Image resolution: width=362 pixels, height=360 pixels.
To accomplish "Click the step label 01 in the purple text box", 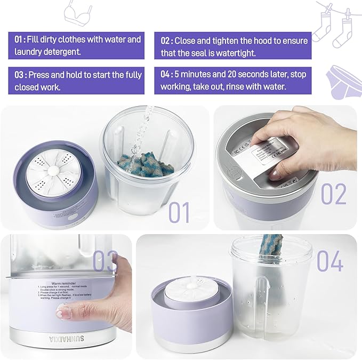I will [x=20, y=39].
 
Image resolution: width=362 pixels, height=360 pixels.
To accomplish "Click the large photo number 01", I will [x=179, y=212].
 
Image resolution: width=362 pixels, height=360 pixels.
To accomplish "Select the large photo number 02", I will [x=334, y=194].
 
